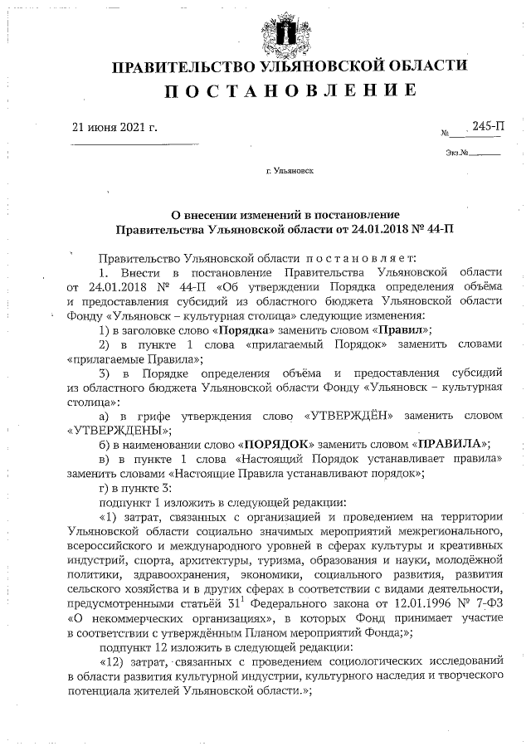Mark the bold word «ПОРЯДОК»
coord(277,443)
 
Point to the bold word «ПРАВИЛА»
coord(450,443)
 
